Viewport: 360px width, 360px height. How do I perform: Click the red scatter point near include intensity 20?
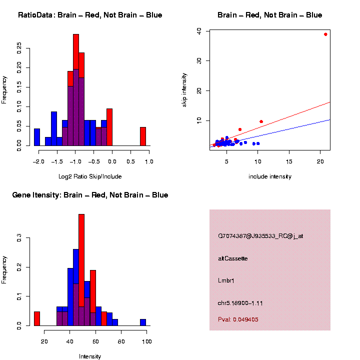point(325,34)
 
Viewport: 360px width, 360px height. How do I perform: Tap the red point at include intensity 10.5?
point(261,121)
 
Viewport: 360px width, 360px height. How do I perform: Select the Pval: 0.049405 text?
point(238,319)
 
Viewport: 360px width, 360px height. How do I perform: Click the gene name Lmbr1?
point(226,280)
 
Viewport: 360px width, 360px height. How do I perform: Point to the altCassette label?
point(233,258)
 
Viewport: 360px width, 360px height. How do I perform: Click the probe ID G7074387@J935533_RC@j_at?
point(260,236)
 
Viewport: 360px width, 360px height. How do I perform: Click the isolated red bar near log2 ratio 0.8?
point(142,136)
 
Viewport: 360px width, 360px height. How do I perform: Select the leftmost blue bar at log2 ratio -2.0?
point(36,137)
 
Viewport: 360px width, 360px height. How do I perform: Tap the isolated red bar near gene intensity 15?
point(37,318)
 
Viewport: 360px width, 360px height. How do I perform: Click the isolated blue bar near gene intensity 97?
point(143,322)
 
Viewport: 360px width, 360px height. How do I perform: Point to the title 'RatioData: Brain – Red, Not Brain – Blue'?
point(90,15)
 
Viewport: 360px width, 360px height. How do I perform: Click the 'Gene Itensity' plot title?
point(90,194)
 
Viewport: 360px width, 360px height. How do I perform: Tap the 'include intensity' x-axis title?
point(270,176)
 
